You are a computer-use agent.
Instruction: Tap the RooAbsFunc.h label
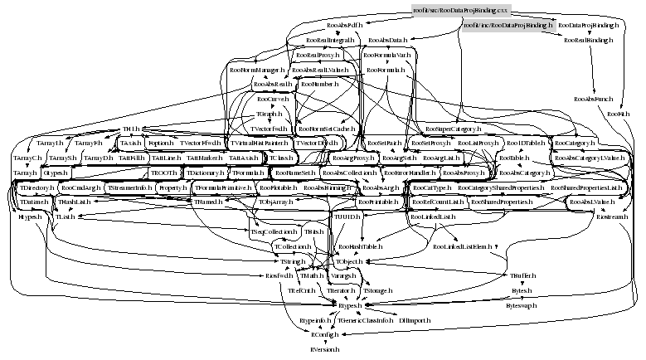coord(591,100)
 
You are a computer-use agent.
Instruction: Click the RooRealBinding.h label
coord(589,40)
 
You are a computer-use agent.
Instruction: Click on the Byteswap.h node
coord(522,305)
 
